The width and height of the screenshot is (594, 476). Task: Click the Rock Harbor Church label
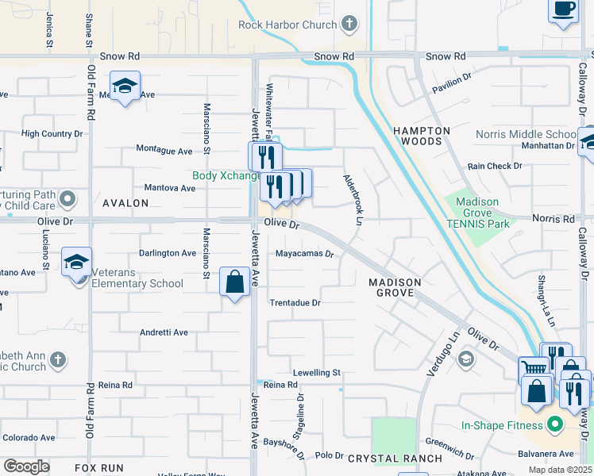click(x=287, y=25)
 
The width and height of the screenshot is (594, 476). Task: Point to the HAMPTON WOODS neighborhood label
click(x=422, y=136)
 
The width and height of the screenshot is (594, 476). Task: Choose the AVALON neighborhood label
click(x=125, y=203)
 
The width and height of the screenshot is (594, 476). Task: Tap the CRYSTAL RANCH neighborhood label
click(x=395, y=459)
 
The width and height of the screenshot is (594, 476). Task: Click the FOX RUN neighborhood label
click(x=99, y=468)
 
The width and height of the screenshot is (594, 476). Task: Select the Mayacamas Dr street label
click(x=304, y=255)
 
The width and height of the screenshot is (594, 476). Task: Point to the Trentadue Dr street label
click(x=295, y=303)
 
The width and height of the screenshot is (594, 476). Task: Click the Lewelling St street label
click(x=316, y=372)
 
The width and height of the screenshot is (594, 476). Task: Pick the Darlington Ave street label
click(x=168, y=253)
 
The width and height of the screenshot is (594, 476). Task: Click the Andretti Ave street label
click(x=164, y=333)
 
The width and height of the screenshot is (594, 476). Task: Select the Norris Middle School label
click(x=525, y=134)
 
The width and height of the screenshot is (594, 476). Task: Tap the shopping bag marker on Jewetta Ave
click(x=235, y=282)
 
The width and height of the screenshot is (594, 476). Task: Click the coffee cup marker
click(x=563, y=10)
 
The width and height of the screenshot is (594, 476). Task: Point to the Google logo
click(x=26, y=466)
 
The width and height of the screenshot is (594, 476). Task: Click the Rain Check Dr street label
click(x=494, y=167)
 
